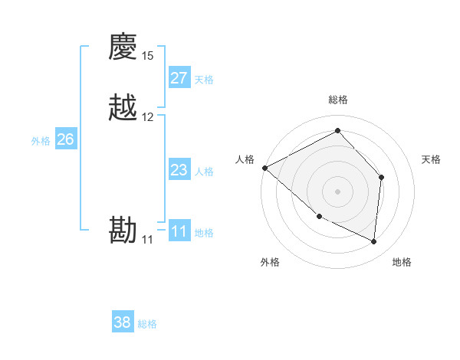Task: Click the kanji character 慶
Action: [123, 47]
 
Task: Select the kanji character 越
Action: [123, 108]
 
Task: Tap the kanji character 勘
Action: [123, 231]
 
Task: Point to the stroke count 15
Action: [148, 56]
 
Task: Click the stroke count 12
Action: [148, 117]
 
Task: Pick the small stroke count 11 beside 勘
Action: [147, 240]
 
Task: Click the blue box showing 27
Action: [179, 78]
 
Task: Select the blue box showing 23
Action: [179, 170]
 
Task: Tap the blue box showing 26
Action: [66, 139]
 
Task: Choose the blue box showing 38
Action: [123, 322]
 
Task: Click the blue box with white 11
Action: [179, 231]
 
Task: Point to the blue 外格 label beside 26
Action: [41, 141]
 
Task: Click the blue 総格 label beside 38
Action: [147, 325]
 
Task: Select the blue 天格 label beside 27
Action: [204, 80]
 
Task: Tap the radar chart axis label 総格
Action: [338, 100]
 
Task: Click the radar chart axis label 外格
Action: [270, 263]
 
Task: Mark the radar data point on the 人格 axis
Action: [264, 168]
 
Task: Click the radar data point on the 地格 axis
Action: [374, 242]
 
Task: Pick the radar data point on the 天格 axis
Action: [382, 177]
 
